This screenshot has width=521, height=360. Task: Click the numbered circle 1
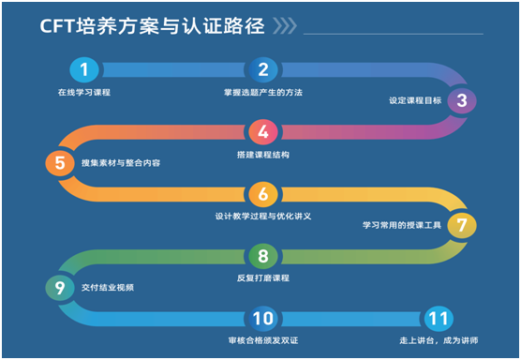[84, 69]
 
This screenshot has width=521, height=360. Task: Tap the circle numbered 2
[262, 69]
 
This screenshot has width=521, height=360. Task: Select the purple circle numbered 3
[461, 100]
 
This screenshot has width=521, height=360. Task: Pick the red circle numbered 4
[262, 131]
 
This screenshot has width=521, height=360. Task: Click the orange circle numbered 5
[60, 163]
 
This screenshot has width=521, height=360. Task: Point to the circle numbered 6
[262, 194]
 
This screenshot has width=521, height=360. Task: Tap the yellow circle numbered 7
[461, 226]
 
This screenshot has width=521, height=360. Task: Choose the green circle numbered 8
[262, 256]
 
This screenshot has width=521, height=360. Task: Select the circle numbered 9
[60, 288]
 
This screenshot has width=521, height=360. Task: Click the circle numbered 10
[262, 319]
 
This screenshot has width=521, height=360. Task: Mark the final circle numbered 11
[437, 319]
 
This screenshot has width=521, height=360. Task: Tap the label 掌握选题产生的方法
[262, 92]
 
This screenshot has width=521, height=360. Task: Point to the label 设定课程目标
[410, 100]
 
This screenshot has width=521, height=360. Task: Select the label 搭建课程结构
[262, 154]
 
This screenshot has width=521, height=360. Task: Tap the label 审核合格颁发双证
[262, 341]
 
